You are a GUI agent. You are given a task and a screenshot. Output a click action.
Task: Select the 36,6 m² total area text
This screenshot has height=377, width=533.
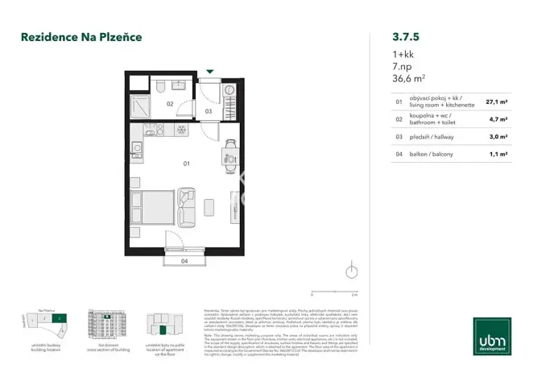point(387,78)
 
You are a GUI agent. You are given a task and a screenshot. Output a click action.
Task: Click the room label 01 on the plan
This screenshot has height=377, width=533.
point(186,164)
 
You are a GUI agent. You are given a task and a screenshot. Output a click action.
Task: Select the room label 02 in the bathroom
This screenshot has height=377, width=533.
point(170,104)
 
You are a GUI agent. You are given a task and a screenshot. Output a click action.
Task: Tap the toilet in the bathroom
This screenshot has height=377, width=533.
point(161,86)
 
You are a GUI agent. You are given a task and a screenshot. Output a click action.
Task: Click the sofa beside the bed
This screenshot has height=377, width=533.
point(189,206)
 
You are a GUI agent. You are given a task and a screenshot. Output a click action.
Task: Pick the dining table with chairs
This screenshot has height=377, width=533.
point(230,150)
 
